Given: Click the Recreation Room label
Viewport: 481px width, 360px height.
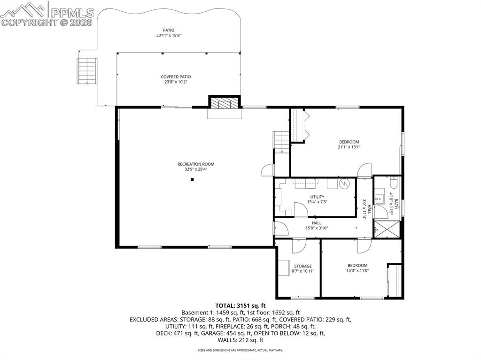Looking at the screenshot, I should tap(196, 164).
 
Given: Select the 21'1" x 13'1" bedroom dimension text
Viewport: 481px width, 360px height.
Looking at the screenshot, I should tap(349, 147).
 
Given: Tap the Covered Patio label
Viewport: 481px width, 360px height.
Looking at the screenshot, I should tap(176, 77).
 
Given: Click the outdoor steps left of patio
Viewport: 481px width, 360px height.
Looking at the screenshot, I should tap(87, 71).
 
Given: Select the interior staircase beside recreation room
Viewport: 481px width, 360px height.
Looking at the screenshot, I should tap(281, 141).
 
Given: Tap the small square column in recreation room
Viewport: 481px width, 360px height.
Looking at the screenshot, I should tap(192, 179).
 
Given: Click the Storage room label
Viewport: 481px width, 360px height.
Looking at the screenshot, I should tap(303, 266).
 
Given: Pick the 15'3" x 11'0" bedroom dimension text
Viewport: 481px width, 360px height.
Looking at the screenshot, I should tap(357, 270).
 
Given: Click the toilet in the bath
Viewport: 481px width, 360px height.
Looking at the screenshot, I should tap(394, 182).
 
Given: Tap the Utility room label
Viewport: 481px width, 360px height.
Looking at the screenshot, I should tap(317, 197).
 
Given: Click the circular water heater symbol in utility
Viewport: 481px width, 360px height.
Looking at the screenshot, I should tap(344, 184).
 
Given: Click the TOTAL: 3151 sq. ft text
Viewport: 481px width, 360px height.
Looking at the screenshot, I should tap(240, 306).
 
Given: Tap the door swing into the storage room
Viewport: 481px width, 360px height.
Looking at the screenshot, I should tap(298, 245).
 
